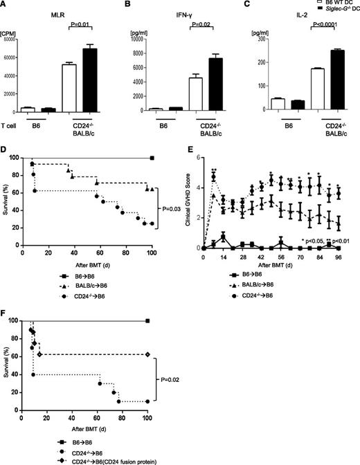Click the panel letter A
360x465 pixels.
point(5,6)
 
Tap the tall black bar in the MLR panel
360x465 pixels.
point(91,79)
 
